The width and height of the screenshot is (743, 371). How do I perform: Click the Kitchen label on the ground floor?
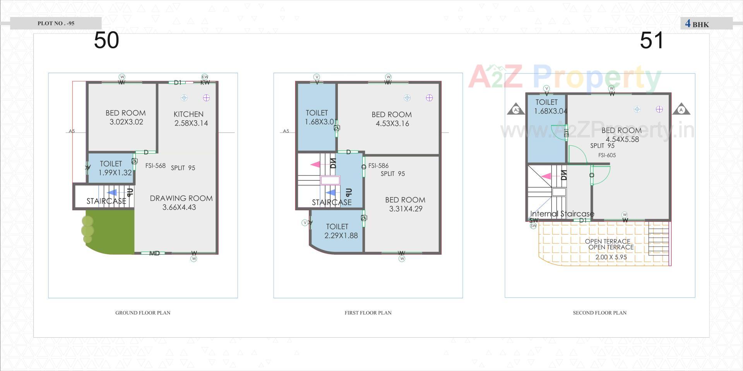188,114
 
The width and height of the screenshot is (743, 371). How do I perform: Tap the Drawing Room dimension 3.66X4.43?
179,208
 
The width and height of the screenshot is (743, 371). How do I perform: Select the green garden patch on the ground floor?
110,232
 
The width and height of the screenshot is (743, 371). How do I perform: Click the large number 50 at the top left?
106,40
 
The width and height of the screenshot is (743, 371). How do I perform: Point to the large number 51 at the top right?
652,40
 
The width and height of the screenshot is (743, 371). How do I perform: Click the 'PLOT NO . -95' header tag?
56,23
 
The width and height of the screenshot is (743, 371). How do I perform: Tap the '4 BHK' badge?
697,24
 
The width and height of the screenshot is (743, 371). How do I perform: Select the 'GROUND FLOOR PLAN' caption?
143,313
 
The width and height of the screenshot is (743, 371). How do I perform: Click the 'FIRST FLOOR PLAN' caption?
368,313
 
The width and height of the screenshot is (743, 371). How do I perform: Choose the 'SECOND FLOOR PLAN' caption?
599,313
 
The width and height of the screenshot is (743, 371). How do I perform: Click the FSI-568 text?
156,166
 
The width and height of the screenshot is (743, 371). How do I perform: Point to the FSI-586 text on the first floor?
378,166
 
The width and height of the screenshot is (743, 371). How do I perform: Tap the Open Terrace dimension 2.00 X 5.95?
611,257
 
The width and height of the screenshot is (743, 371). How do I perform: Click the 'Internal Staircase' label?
562,214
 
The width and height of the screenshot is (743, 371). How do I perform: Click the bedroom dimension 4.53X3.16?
392,124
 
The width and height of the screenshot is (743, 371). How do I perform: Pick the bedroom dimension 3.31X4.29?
406,209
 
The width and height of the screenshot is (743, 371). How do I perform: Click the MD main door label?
154,254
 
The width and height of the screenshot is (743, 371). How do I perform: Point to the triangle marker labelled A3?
516,110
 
